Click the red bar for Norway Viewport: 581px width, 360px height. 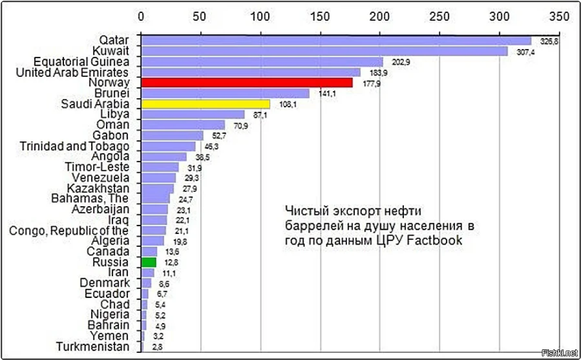(x=246, y=83)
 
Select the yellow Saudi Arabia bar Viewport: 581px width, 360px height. (x=205, y=104)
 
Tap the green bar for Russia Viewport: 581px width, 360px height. (x=148, y=262)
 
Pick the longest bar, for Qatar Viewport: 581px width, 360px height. (x=336, y=40)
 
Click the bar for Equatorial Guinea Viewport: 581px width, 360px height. (x=262, y=62)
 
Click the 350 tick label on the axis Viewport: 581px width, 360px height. (x=558, y=15)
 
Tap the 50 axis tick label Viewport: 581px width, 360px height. (x=201, y=15)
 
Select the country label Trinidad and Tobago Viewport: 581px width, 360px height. (x=74, y=146)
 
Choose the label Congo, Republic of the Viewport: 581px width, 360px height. (x=69, y=230)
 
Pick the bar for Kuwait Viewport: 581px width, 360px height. (x=324, y=51)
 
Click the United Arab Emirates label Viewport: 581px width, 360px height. (x=72, y=72)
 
